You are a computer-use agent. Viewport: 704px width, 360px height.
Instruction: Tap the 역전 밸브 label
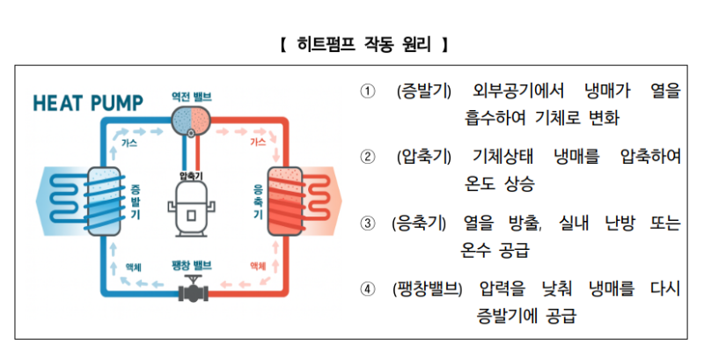click(x=193, y=94)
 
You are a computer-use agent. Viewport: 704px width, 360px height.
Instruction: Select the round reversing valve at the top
click(x=192, y=120)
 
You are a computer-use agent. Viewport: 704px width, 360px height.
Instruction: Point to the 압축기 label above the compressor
click(x=192, y=176)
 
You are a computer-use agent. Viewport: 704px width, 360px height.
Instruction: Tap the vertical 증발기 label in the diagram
click(x=135, y=202)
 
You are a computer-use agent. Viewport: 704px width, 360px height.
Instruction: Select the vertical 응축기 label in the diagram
click(x=258, y=202)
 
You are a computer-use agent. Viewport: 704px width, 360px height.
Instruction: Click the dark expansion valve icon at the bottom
click(x=192, y=289)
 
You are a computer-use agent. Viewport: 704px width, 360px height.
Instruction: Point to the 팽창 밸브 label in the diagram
click(x=192, y=265)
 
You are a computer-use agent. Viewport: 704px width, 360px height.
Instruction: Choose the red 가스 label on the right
click(x=258, y=142)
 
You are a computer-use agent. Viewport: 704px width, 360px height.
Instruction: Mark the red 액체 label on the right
click(x=258, y=266)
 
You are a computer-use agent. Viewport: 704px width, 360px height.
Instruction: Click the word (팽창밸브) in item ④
click(x=428, y=290)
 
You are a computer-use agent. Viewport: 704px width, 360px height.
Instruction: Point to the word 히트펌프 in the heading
click(x=323, y=41)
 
